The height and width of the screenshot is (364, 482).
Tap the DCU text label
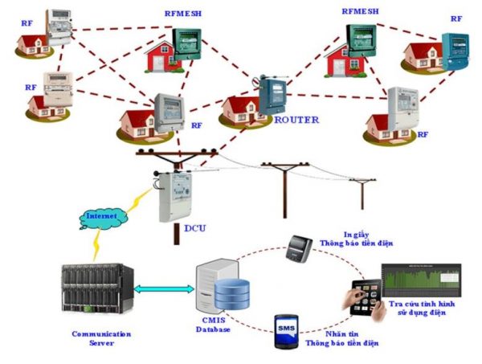click(195, 228)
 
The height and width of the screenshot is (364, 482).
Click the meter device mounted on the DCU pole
click(174, 197)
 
